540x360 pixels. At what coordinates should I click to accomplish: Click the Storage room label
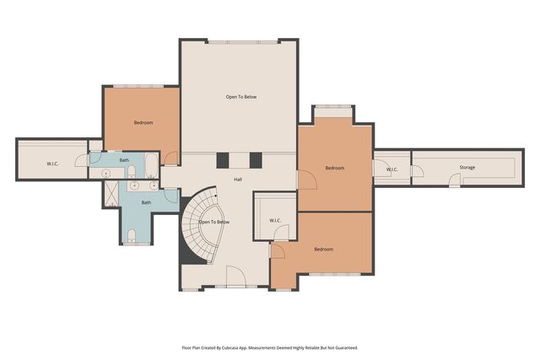coord(467,168)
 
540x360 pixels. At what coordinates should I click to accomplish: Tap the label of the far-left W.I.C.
coord(51,164)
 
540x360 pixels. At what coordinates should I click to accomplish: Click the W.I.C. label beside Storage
coord(392,169)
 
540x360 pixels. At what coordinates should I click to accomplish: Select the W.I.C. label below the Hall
coord(275,221)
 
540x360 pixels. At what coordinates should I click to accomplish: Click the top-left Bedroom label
coord(143,123)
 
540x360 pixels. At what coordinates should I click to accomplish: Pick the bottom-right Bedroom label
coord(324,250)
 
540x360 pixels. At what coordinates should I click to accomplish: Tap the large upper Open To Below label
coord(240,98)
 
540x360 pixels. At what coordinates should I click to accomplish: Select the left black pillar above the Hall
coord(223,161)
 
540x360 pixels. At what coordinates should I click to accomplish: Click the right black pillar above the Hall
coord(256,161)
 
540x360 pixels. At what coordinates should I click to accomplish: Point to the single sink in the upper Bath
coord(107,172)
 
